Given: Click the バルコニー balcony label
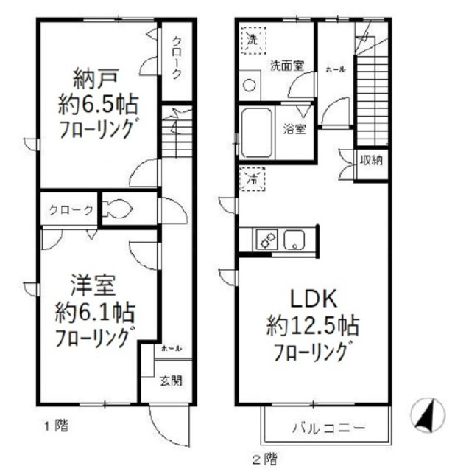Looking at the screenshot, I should pos(327,428).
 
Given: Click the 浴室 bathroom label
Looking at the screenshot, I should pos(297,128).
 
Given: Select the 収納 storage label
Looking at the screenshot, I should pos(370,160).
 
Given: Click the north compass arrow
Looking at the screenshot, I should pos(426,414).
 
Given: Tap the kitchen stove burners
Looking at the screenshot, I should pos(265,239).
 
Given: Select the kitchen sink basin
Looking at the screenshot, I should pos(296,239).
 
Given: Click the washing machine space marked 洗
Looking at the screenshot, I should pos(252,39).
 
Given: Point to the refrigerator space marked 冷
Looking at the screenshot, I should pos(251,177).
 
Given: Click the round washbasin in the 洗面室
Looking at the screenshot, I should pos(250,85).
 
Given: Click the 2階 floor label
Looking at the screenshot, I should pos(265,461).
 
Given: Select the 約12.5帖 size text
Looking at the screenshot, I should pos(314,325).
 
